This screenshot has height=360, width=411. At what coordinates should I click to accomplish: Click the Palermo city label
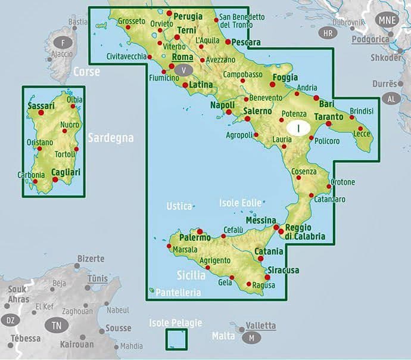[195, 237]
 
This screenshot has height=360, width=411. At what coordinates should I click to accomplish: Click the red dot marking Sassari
[41, 113]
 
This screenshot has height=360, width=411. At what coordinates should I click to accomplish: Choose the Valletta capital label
[261, 325]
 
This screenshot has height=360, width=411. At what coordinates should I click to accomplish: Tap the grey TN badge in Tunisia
[57, 325]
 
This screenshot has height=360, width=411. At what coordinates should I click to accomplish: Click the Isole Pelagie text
[176, 323]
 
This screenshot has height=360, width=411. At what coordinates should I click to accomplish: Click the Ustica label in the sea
[179, 206]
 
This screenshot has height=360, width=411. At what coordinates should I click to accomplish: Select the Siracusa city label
[282, 270]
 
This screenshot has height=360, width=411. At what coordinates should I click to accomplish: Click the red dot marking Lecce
[361, 128]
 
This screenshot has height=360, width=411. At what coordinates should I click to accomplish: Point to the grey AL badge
[391, 98]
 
